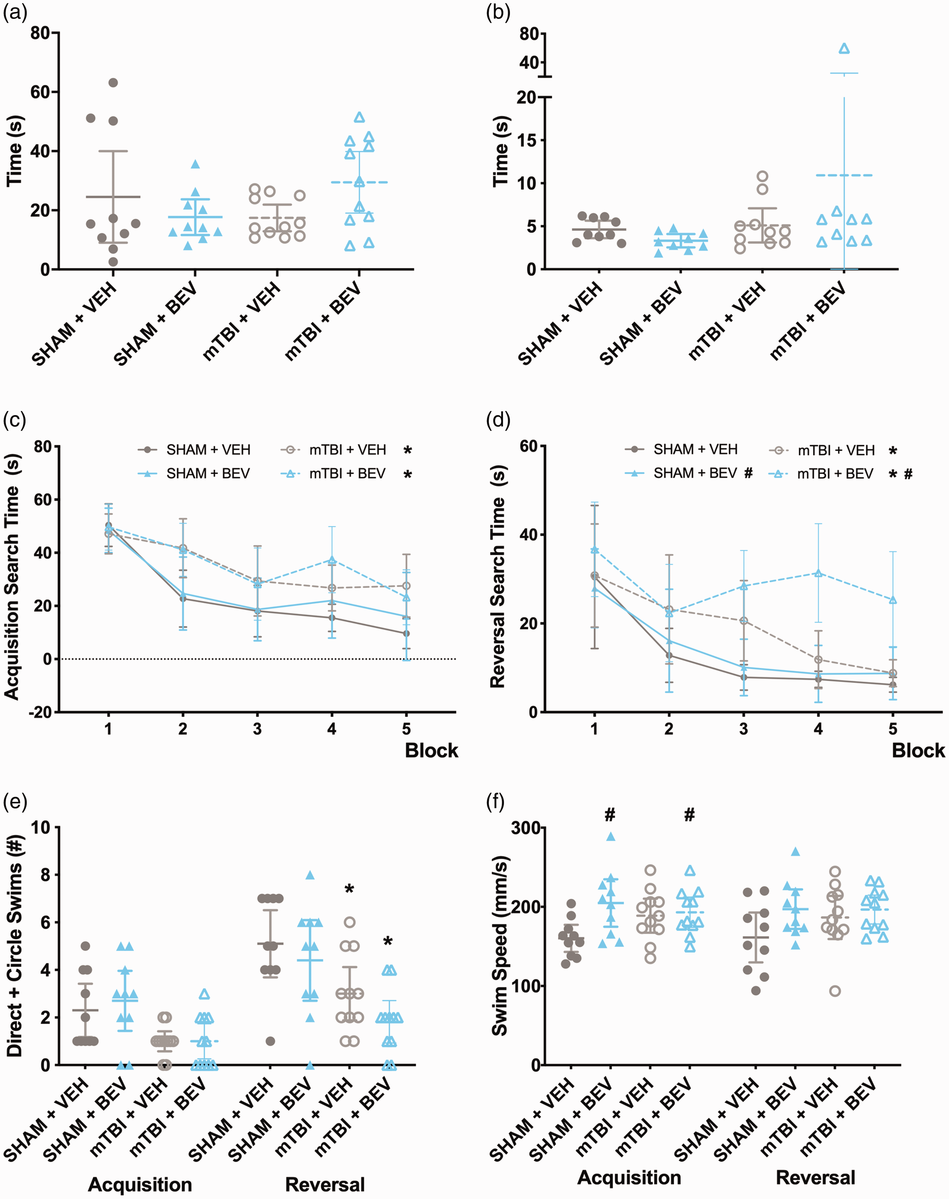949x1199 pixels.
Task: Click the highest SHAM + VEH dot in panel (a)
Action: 113,83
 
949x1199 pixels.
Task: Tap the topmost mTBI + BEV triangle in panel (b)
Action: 844,48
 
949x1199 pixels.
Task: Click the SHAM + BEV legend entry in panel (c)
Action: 194,473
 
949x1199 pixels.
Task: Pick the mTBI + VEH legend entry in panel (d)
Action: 822,450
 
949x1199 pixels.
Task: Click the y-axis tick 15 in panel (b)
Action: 528,140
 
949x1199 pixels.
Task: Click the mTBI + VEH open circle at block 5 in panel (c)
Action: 406,585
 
